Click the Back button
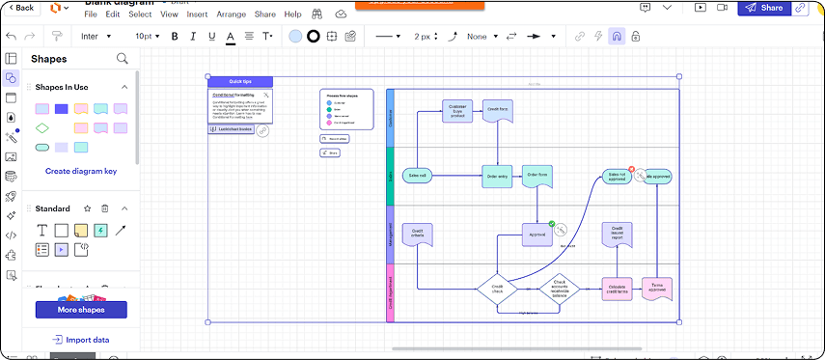point(19,8)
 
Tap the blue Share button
point(763,8)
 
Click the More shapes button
point(81,310)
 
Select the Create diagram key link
point(81,171)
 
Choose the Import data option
point(81,340)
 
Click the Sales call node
point(417,176)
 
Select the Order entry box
point(497,176)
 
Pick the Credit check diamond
point(497,288)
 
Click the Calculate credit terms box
point(618,287)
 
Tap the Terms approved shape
point(657,287)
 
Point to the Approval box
point(537,234)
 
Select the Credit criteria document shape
point(417,234)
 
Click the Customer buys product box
point(457,111)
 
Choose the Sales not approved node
point(617,177)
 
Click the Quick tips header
point(240,82)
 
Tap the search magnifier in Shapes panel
point(123,59)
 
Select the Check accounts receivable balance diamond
point(564,287)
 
